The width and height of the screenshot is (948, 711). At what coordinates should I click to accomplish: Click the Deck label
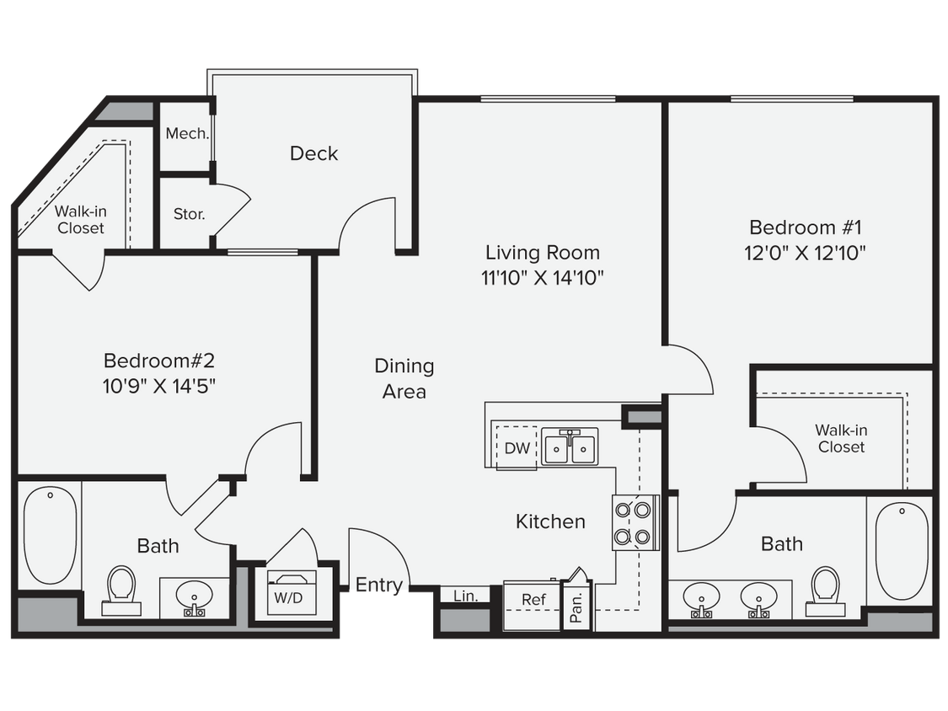point(313,153)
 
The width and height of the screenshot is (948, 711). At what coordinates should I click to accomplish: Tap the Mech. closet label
point(186,134)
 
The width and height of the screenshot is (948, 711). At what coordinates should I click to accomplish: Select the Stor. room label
point(189,214)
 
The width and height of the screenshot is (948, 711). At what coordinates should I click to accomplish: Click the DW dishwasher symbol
point(517,448)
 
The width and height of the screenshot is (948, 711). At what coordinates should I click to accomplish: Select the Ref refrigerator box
point(533,600)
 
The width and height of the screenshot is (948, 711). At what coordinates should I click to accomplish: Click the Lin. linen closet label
point(465,596)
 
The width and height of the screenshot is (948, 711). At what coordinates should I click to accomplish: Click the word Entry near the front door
point(378,584)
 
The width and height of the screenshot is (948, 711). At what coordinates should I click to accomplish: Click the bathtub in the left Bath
point(49,535)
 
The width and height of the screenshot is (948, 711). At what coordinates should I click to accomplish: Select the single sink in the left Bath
point(194,597)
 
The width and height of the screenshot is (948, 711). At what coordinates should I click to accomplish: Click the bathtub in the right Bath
point(902,550)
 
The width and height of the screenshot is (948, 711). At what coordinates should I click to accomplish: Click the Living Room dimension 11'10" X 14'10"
point(543,276)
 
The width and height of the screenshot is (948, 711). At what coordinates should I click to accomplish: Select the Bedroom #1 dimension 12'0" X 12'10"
point(806,252)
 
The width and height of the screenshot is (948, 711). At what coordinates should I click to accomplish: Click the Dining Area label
point(404,378)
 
